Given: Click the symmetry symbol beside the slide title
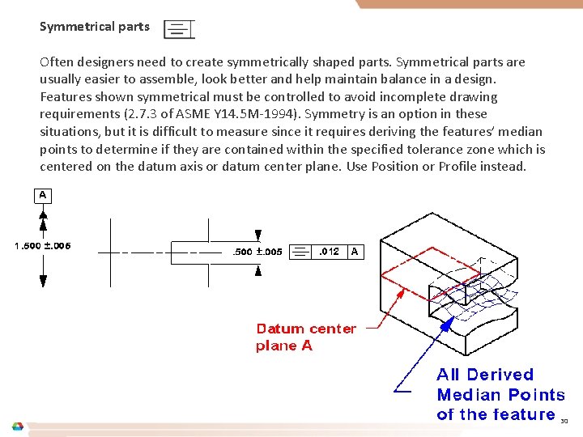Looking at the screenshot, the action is (x=179, y=30).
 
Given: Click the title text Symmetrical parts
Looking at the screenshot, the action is (x=95, y=27).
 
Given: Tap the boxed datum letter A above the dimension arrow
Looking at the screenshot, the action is (x=43, y=195).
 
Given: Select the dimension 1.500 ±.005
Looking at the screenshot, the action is (x=43, y=246).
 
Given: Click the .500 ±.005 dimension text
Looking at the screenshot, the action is (x=257, y=252).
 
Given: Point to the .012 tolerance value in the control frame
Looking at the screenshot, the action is (x=329, y=252).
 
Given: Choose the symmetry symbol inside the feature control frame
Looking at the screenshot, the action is (x=300, y=252).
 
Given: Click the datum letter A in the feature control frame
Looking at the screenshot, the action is (x=355, y=252).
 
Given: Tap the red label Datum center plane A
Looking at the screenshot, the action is (x=305, y=337).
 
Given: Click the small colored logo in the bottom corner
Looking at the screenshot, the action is (x=17, y=426).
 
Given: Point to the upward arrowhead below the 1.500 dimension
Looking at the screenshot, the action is (x=43, y=280).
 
